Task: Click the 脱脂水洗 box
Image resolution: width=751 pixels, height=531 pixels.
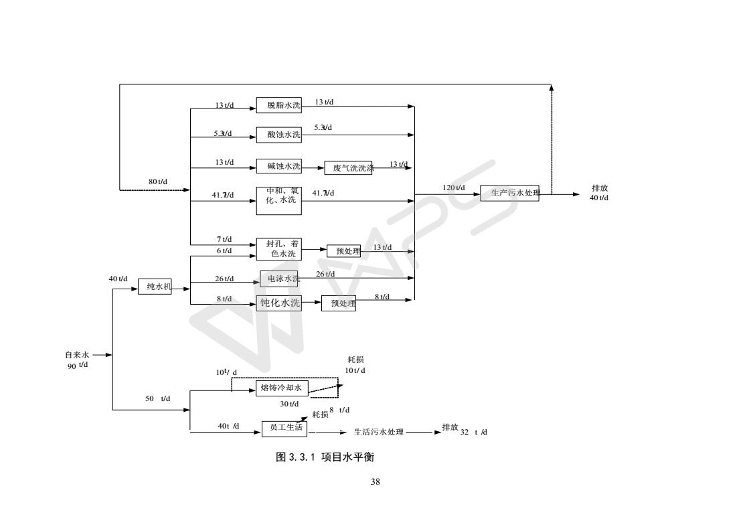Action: [x=278, y=105]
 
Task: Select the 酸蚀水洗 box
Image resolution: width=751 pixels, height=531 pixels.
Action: [x=278, y=135]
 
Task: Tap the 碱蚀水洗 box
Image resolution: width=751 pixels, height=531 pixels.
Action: [x=278, y=166]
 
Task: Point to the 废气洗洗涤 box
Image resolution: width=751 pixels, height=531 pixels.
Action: [x=348, y=168]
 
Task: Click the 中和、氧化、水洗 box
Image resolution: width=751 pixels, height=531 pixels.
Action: [x=278, y=200]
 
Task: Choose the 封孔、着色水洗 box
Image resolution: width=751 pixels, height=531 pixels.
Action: [x=278, y=249]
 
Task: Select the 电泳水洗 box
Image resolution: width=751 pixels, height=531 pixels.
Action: [x=278, y=279]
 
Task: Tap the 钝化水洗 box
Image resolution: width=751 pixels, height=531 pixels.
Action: [x=278, y=303]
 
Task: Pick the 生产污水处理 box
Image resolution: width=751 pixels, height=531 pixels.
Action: [x=509, y=193]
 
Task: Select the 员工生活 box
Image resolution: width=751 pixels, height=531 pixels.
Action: [x=284, y=429]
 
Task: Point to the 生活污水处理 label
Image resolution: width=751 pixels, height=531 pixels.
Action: [x=379, y=432]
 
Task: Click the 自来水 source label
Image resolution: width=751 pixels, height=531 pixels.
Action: [x=76, y=355]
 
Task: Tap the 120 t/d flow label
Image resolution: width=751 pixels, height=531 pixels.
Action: [x=454, y=188]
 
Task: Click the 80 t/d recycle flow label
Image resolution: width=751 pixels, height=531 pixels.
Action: [x=158, y=181]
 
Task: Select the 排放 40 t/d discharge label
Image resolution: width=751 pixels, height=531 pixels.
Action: [x=599, y=193]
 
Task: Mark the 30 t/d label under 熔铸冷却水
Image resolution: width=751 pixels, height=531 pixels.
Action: [x=289, y=404]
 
